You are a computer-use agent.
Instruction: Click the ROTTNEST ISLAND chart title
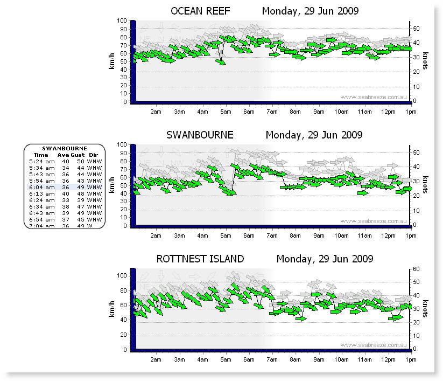point(200,259)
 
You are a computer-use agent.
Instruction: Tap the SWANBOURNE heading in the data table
point(65,148)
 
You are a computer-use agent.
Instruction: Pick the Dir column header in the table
point(94,155)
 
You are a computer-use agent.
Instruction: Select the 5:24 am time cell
point(42,161)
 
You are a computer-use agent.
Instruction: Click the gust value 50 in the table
point(80,161)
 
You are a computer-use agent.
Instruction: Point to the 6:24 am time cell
point(42,200)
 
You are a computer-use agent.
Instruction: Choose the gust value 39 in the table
point(80,200)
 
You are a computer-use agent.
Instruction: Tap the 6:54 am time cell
point(42,219)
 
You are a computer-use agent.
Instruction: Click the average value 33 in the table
point(66,200)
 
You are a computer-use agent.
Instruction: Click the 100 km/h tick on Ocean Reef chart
point(122,21)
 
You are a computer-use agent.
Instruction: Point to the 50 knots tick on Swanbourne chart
point(416,153)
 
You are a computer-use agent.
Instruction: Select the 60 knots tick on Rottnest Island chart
point(416,269)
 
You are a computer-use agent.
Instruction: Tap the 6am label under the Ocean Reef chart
point(249,112)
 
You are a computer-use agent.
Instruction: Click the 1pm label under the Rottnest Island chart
point(411,359)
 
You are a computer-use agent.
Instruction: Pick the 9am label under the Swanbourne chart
point(319,235)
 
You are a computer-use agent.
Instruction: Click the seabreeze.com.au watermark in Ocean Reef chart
point(372,97)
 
